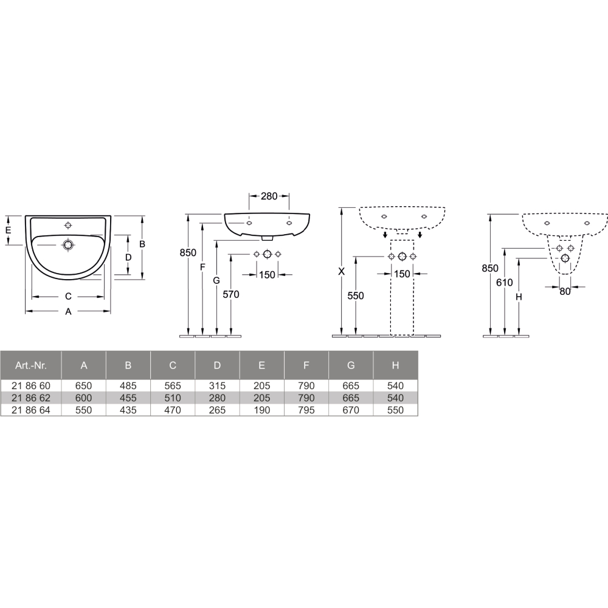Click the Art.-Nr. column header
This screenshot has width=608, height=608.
point(30,365)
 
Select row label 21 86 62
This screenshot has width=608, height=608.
point(30,398)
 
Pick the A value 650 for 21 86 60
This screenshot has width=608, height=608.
point(84,386)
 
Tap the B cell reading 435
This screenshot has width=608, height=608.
point(128,410)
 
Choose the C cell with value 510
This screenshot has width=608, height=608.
point(173,398)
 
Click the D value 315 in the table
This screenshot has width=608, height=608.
point(217,386)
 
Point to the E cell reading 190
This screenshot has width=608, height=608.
point(261,410)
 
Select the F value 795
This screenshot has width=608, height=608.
point(306,410)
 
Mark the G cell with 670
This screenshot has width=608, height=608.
point(351,410)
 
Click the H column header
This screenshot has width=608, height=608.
point(396,365)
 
